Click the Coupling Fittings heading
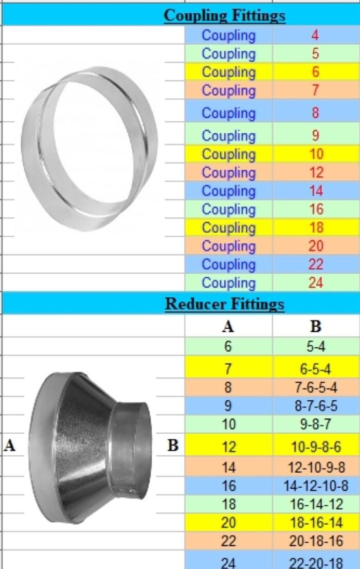tap(224, 15)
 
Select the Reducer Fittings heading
tap(225, 304)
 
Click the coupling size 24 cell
tap(315, 282)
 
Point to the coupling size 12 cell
tap(316, 172)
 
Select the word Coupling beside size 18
tap(229, 228)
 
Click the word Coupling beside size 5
tap(229, 54)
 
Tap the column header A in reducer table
tap(228, 326)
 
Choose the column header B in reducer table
tap(315, 326)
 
